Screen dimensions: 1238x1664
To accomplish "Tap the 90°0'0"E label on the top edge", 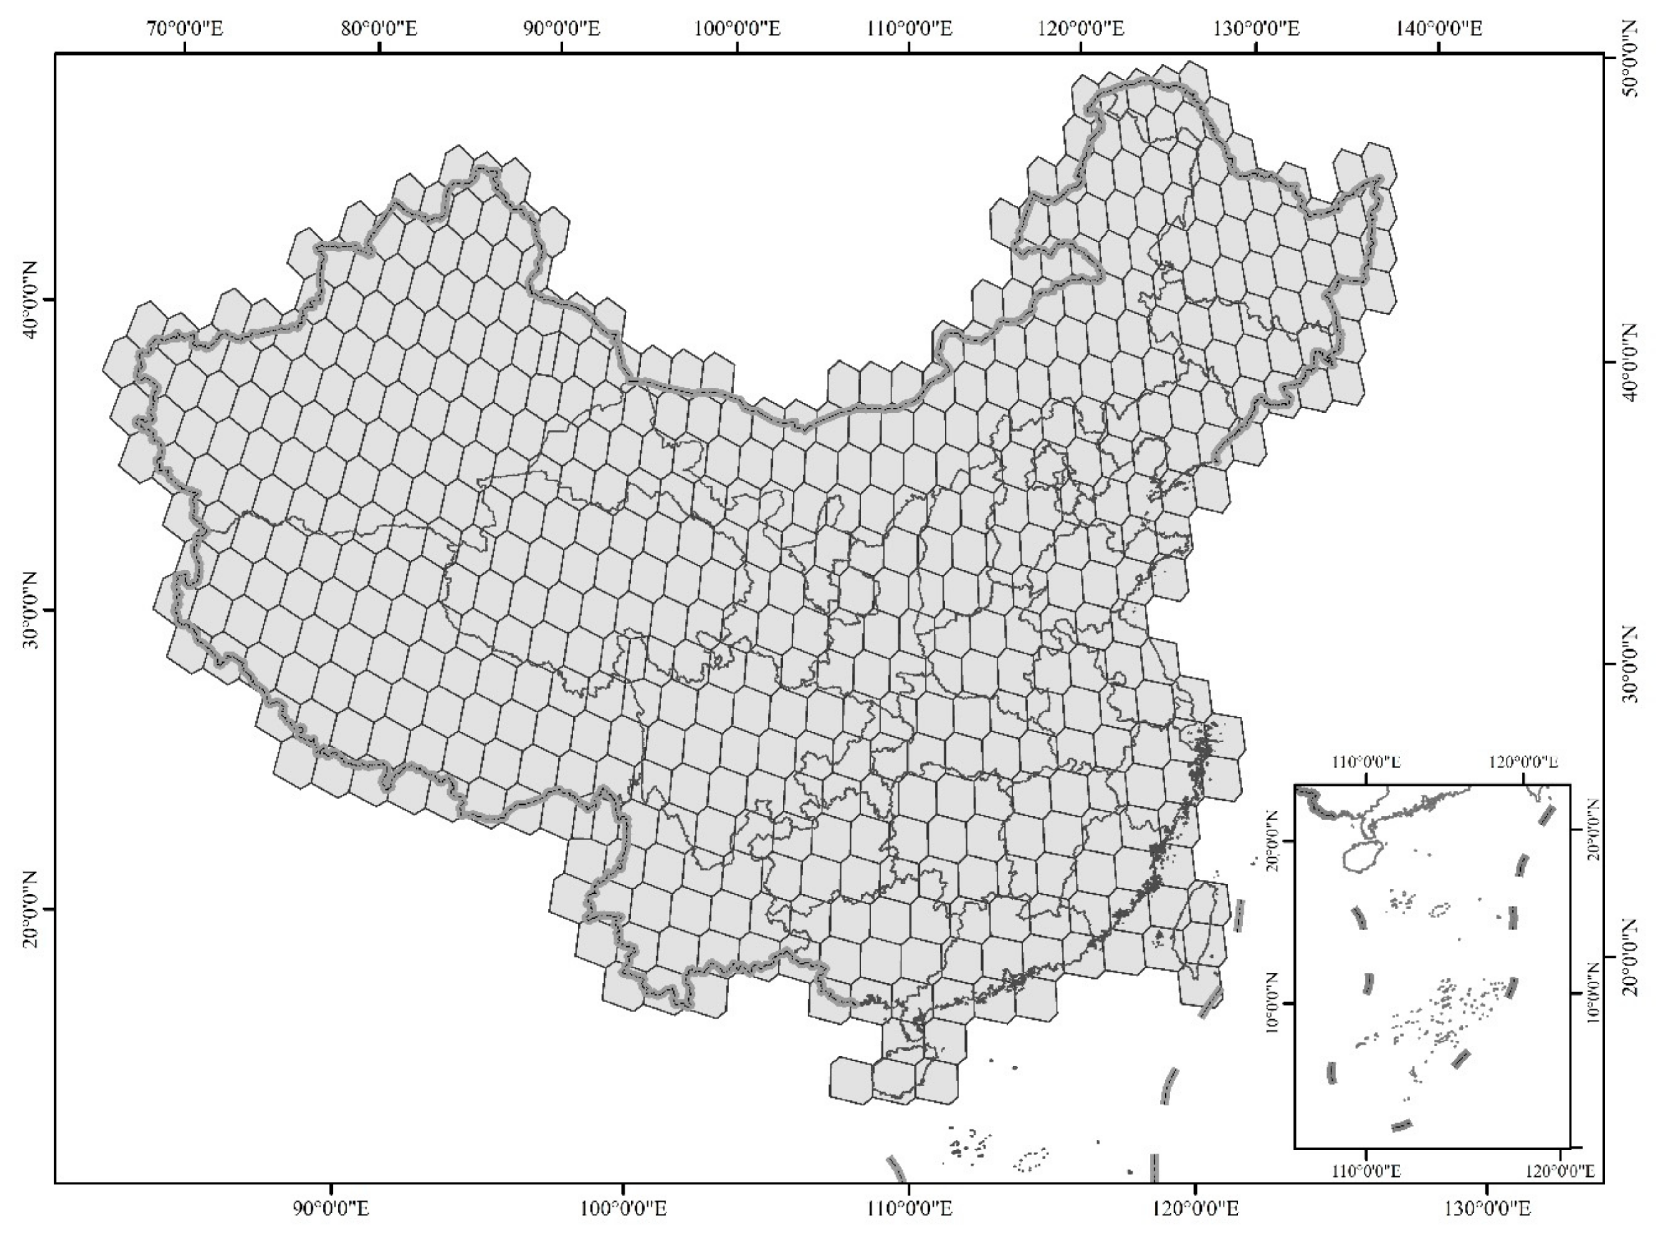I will (x=561, y=29).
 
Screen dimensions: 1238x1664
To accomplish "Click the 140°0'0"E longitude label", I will (x=1439, y=29).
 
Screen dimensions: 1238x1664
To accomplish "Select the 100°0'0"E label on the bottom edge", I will (x=622, y=1209).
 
